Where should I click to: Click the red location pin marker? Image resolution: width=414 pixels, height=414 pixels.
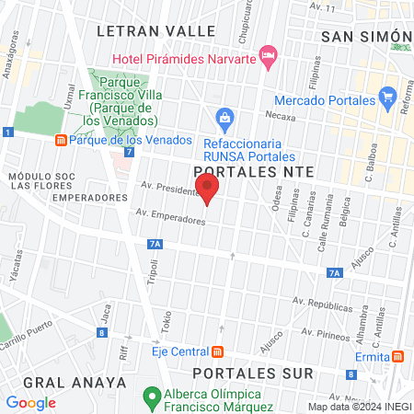(209, 190)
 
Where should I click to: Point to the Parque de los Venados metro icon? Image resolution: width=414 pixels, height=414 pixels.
(60, 140)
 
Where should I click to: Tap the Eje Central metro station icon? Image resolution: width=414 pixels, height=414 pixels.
(218, 351)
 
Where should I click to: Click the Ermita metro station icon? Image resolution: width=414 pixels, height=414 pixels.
(397, 356)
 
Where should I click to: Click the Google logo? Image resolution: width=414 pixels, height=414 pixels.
(31, 402)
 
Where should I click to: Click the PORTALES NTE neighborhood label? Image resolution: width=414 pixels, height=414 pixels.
(255, 171)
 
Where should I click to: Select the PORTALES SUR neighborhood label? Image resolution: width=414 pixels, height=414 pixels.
(253, 374)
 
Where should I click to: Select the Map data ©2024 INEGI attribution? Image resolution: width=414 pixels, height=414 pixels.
(359, 406)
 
